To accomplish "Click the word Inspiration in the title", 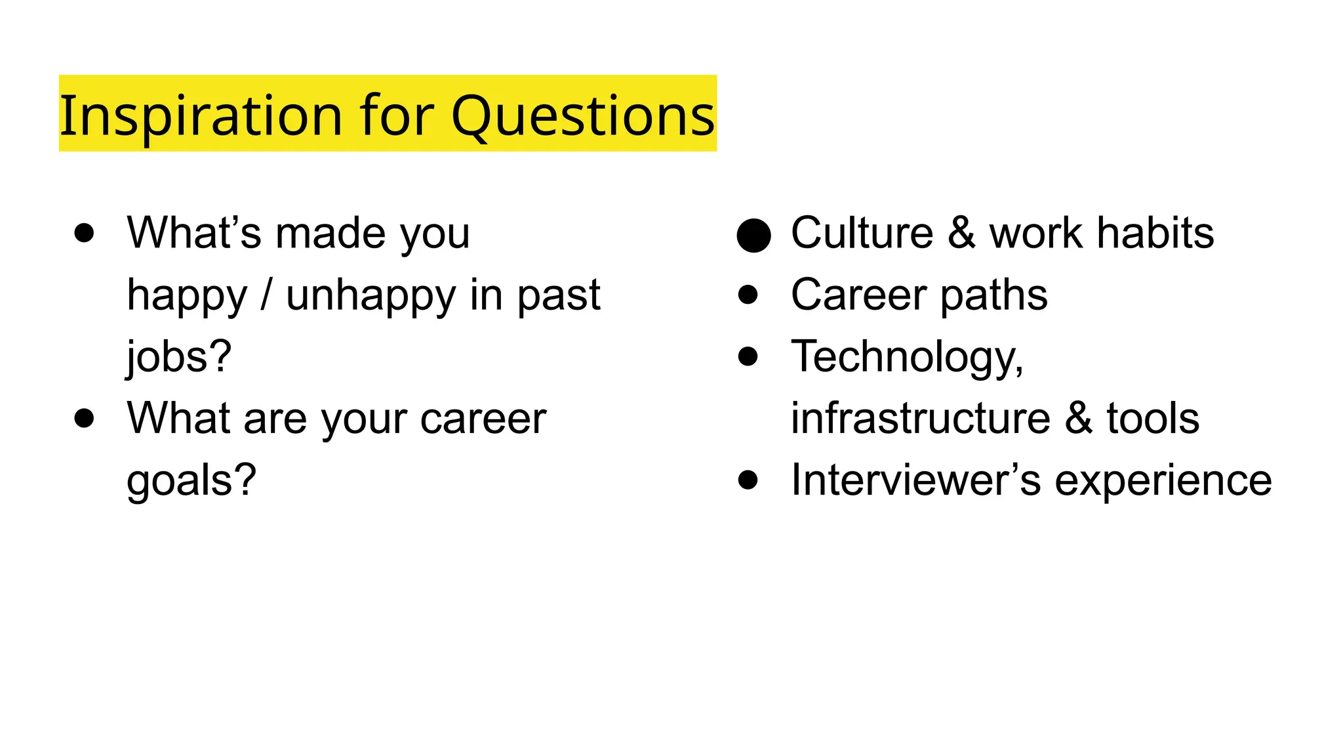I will (x=201, y=115).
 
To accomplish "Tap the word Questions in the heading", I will (x=582, y=115).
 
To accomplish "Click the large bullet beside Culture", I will (x=753, y=235).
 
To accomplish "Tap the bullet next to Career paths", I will (x=748, y=295).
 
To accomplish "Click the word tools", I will (x=1153, y=418).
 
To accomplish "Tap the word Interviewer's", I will (x=915, y=480).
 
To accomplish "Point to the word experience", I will (x=1163, y=481).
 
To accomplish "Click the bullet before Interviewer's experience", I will (x=748, y=480).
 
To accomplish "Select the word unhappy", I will (x=371, y=296).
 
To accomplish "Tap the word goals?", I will (x=191, y=481).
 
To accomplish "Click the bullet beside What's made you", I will (x=84, y=233).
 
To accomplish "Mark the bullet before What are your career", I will (x=84, y=418).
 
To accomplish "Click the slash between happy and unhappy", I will (x=266, y=295).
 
